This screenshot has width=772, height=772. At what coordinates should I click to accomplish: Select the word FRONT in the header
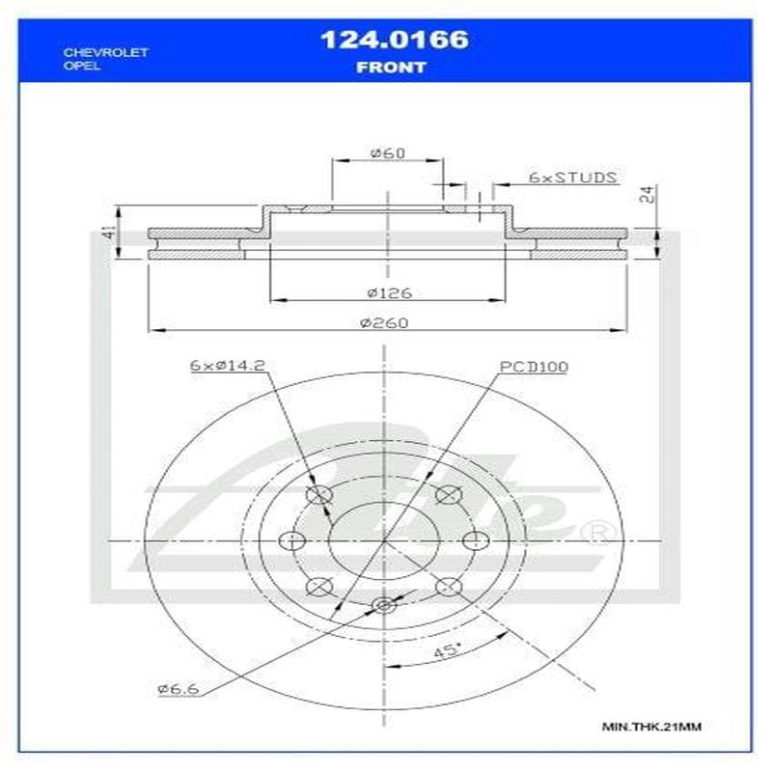click(392, 68)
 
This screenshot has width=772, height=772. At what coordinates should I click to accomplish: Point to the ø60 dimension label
click(386, 153)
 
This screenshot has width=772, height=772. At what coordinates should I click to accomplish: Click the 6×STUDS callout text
click(572, 178)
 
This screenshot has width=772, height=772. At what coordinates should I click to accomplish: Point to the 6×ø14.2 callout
click(227, 366)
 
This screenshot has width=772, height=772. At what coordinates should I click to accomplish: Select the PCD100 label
click(534, 367)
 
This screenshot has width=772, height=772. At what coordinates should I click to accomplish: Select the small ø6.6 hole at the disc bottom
click(383, 605)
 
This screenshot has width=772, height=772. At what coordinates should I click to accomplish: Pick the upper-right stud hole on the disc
click(446, 495)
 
